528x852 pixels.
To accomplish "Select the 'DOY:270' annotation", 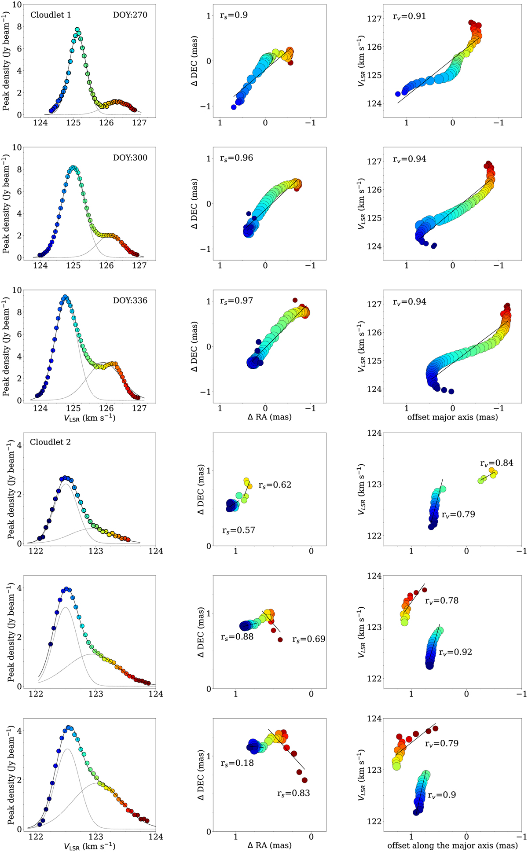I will [130, 15].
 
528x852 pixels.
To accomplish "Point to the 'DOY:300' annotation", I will [130, 158].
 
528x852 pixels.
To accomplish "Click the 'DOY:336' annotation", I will [130, 301].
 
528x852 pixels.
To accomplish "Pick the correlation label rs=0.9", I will [234, 15].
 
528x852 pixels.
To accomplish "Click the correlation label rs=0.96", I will [236, 158].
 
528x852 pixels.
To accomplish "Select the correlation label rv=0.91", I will [409, 17].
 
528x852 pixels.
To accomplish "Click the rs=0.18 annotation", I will [237, 763].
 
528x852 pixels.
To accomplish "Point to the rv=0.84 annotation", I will [496, 463].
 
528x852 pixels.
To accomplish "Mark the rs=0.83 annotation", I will [293, 793].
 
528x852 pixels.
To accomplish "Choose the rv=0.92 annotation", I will [455, 652].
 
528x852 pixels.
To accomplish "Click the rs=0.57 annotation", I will [238, 530].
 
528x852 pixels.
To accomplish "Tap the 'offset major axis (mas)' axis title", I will [452, 417].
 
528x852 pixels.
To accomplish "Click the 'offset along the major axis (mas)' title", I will [452, 845].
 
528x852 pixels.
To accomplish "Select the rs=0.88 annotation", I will [237, 636].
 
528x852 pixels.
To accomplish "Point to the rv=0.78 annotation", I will [441, 600].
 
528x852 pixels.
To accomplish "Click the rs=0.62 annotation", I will [275, 485].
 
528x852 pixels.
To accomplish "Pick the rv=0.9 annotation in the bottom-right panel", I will [442, 795].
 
